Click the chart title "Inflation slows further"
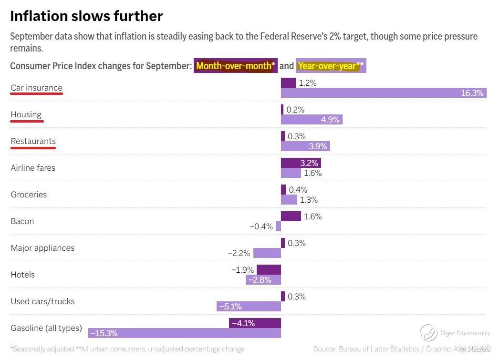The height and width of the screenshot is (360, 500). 86,16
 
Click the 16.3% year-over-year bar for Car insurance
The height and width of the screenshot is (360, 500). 383,93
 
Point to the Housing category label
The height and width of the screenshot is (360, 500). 26,114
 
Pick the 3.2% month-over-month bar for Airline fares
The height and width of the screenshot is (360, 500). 301,163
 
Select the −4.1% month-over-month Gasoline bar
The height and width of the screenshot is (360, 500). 255,323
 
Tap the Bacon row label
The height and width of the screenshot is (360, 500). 22,221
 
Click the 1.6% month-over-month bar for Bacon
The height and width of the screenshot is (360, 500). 291,216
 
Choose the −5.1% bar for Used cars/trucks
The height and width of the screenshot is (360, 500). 249,307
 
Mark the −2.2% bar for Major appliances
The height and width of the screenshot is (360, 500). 267,253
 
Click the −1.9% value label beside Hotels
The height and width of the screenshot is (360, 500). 242,270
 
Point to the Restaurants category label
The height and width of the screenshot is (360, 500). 33,141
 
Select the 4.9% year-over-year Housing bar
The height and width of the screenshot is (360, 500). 312,120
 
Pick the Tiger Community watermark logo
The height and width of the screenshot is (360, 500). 428,333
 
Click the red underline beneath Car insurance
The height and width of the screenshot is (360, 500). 37,94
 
